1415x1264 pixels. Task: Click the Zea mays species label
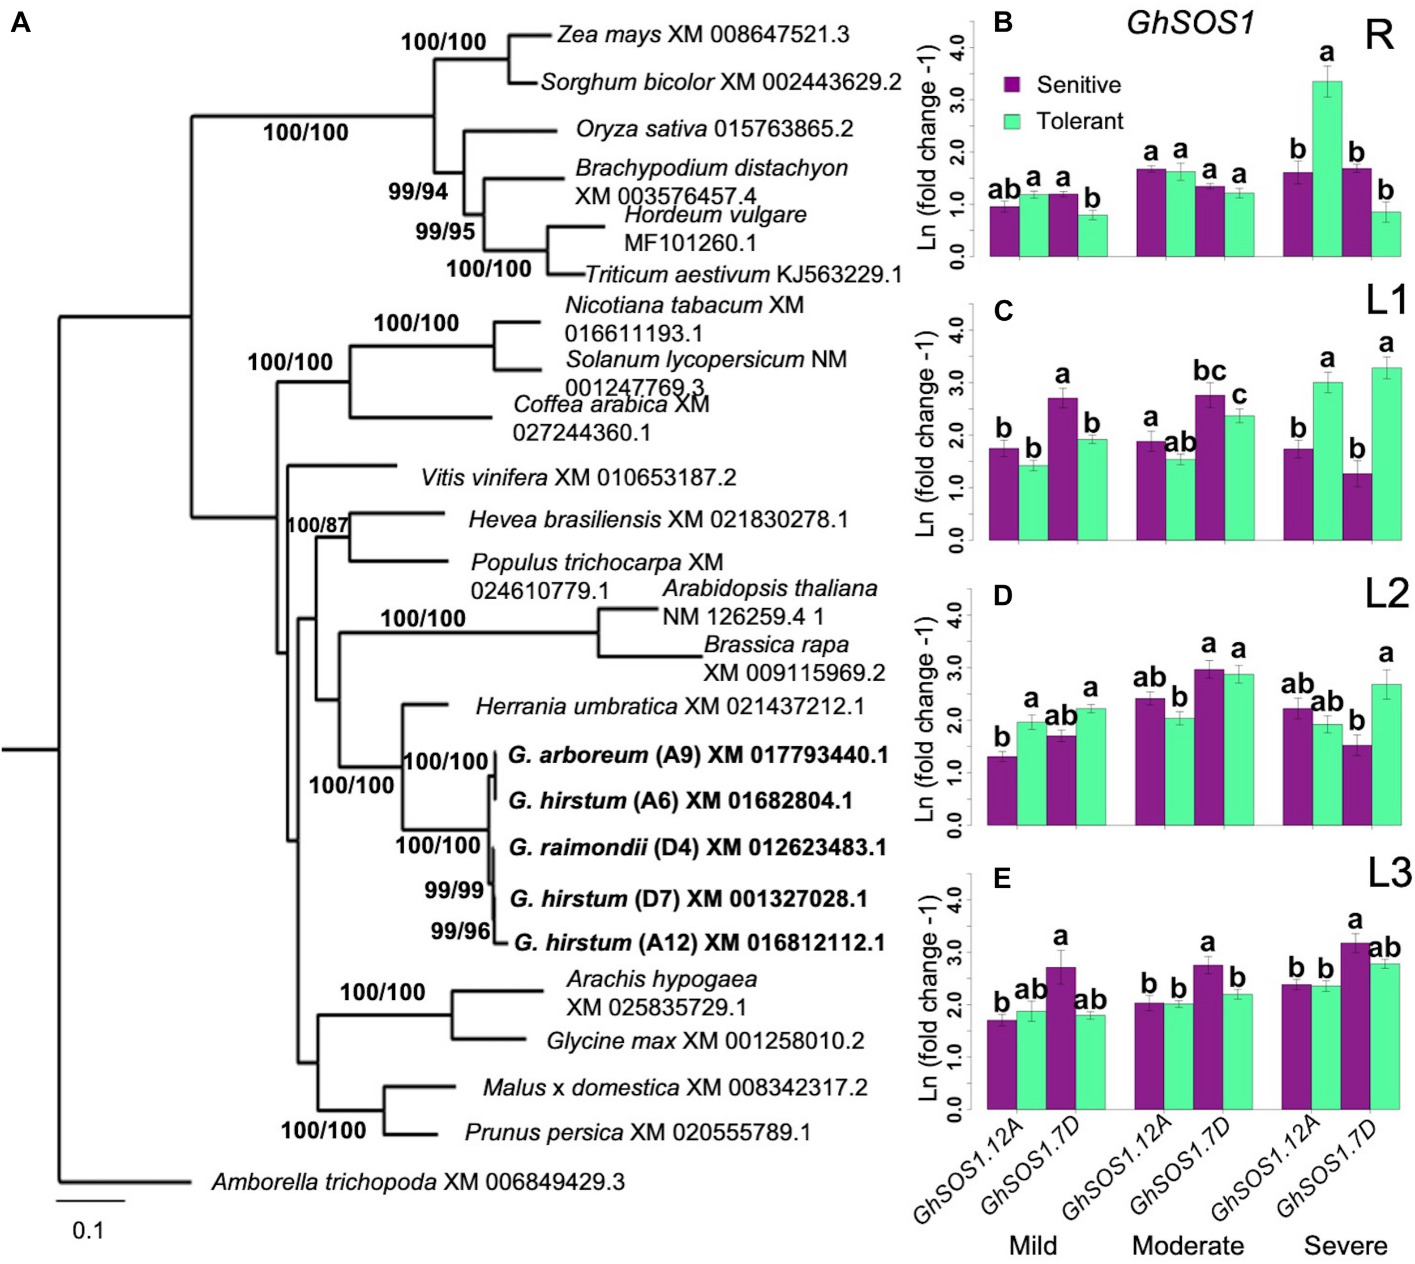click(703, 35)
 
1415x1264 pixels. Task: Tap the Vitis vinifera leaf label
click(578, 478)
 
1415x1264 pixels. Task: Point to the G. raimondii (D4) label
click(697, 848)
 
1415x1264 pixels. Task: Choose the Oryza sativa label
click(714, 129)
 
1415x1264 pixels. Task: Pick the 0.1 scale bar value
click(88, 1231)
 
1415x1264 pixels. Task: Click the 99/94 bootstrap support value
click(418, 192)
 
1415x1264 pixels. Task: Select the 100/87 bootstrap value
click(318, 525)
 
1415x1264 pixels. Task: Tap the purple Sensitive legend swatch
click(1012, 85)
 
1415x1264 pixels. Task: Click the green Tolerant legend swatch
click(1012, 122)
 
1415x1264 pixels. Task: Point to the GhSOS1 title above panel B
click(1190, 24)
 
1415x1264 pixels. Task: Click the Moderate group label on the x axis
click(1189, 1245)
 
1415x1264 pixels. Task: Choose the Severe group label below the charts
click(1345, 1245)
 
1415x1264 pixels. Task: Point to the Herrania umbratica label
click(670, 707)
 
